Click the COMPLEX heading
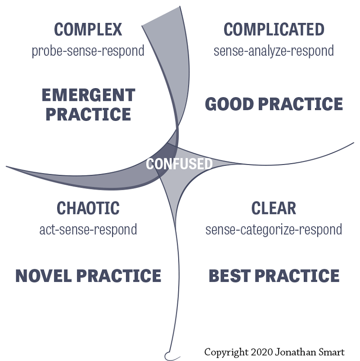click(x=88, y=30)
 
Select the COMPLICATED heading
click(x=274, y=30)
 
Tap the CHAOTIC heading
click(x=88, y=209)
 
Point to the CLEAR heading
click(x=274, y=209)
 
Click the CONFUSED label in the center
click(x=179, y=164)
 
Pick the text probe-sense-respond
click(x=88, y=51)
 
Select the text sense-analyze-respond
click(x=274, y=51)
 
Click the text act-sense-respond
click(x=88, y=230)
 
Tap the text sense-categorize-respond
click(x=274, y=230)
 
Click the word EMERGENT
click(x=88, y=95)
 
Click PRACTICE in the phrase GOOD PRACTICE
click(x=301, y=104)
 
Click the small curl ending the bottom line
click(x=169, y=354)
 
